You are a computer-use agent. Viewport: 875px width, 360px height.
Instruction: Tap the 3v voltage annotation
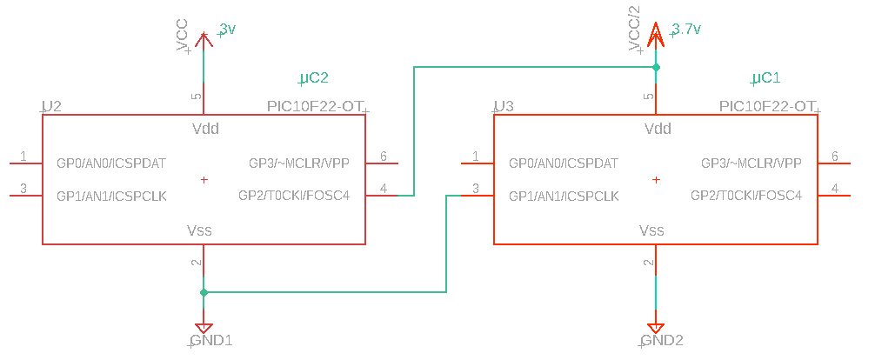point(228,30)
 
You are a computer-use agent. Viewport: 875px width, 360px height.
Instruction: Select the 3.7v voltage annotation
point(686,30)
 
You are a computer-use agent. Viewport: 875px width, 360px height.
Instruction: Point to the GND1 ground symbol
point(204,329)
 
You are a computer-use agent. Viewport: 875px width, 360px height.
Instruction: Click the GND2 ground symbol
point(656,329)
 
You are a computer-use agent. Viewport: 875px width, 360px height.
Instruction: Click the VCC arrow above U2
point(204,39)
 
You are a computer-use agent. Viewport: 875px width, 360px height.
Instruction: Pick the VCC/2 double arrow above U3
point(656,35)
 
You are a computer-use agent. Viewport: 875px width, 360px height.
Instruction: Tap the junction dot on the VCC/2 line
point(656,68)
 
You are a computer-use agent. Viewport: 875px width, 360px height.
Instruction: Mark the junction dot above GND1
point(204,292)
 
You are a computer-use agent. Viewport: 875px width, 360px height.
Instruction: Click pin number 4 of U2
point(384,188)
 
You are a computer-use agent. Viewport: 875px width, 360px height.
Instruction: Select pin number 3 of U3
point(476,188)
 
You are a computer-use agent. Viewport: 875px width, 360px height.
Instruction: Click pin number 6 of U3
point(835,156)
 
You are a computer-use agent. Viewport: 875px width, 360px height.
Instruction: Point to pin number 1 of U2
point(23,156)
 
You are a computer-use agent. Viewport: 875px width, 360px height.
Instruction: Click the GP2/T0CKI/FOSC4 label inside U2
point(294,196)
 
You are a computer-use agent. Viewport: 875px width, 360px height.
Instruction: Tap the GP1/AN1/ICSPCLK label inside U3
point(564,196)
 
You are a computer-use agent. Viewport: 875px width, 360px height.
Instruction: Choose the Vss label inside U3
point(651,230)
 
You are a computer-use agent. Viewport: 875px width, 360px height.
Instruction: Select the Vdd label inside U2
point(205,129)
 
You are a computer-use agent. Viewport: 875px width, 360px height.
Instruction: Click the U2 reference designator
point(52,106)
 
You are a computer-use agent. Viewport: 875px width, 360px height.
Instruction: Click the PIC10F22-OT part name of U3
point(767,106)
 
